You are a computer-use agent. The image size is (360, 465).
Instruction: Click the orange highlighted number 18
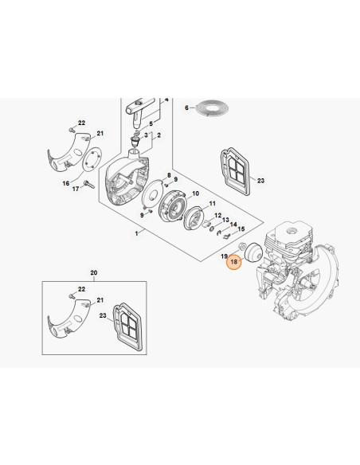[x=234, y=261]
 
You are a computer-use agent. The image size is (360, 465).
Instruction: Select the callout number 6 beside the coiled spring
[x=186, y=107]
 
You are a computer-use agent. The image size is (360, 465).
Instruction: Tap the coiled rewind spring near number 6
[x=213, y=108]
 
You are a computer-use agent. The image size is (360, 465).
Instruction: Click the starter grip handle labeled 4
[x=139, y=111]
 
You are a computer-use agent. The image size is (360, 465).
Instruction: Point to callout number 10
[x=195, y=193]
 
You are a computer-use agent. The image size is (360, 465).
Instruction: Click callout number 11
[x=213, y=204]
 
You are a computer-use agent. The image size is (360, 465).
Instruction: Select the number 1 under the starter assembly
[x=136, y=233]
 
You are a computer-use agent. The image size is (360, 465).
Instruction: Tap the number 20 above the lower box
[x=94, y=272]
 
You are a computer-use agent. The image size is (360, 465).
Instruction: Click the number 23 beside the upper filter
[x=260, y=181]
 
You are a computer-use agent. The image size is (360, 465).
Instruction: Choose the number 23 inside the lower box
[x=103, y=315]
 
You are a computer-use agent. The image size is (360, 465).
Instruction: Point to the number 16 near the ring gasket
[x=66, y=183]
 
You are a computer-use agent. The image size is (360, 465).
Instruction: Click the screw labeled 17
[x=89, y=185]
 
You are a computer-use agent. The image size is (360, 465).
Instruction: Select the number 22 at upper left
[x=81, y=123]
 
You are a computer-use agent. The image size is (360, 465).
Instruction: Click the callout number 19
[x=224, y=256]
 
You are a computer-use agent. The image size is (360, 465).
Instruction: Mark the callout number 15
[x=241, y=229]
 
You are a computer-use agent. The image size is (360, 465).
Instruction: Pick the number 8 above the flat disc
[x=169, y=175]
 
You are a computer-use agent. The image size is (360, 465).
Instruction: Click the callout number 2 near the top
[x=159, y=135]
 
